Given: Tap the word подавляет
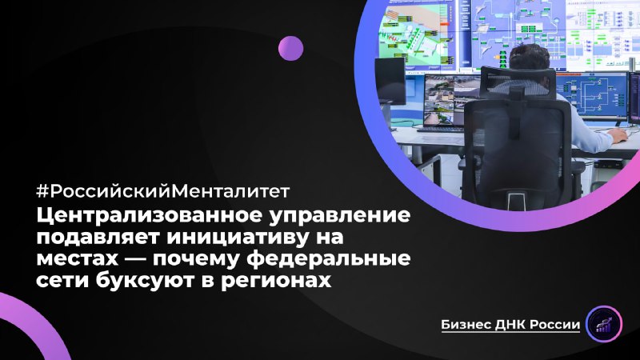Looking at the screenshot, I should [101, 238].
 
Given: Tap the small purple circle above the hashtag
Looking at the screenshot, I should [290, 48].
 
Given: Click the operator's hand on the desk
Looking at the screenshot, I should [618, 136].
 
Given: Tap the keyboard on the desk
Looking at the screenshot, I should [439, 128].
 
